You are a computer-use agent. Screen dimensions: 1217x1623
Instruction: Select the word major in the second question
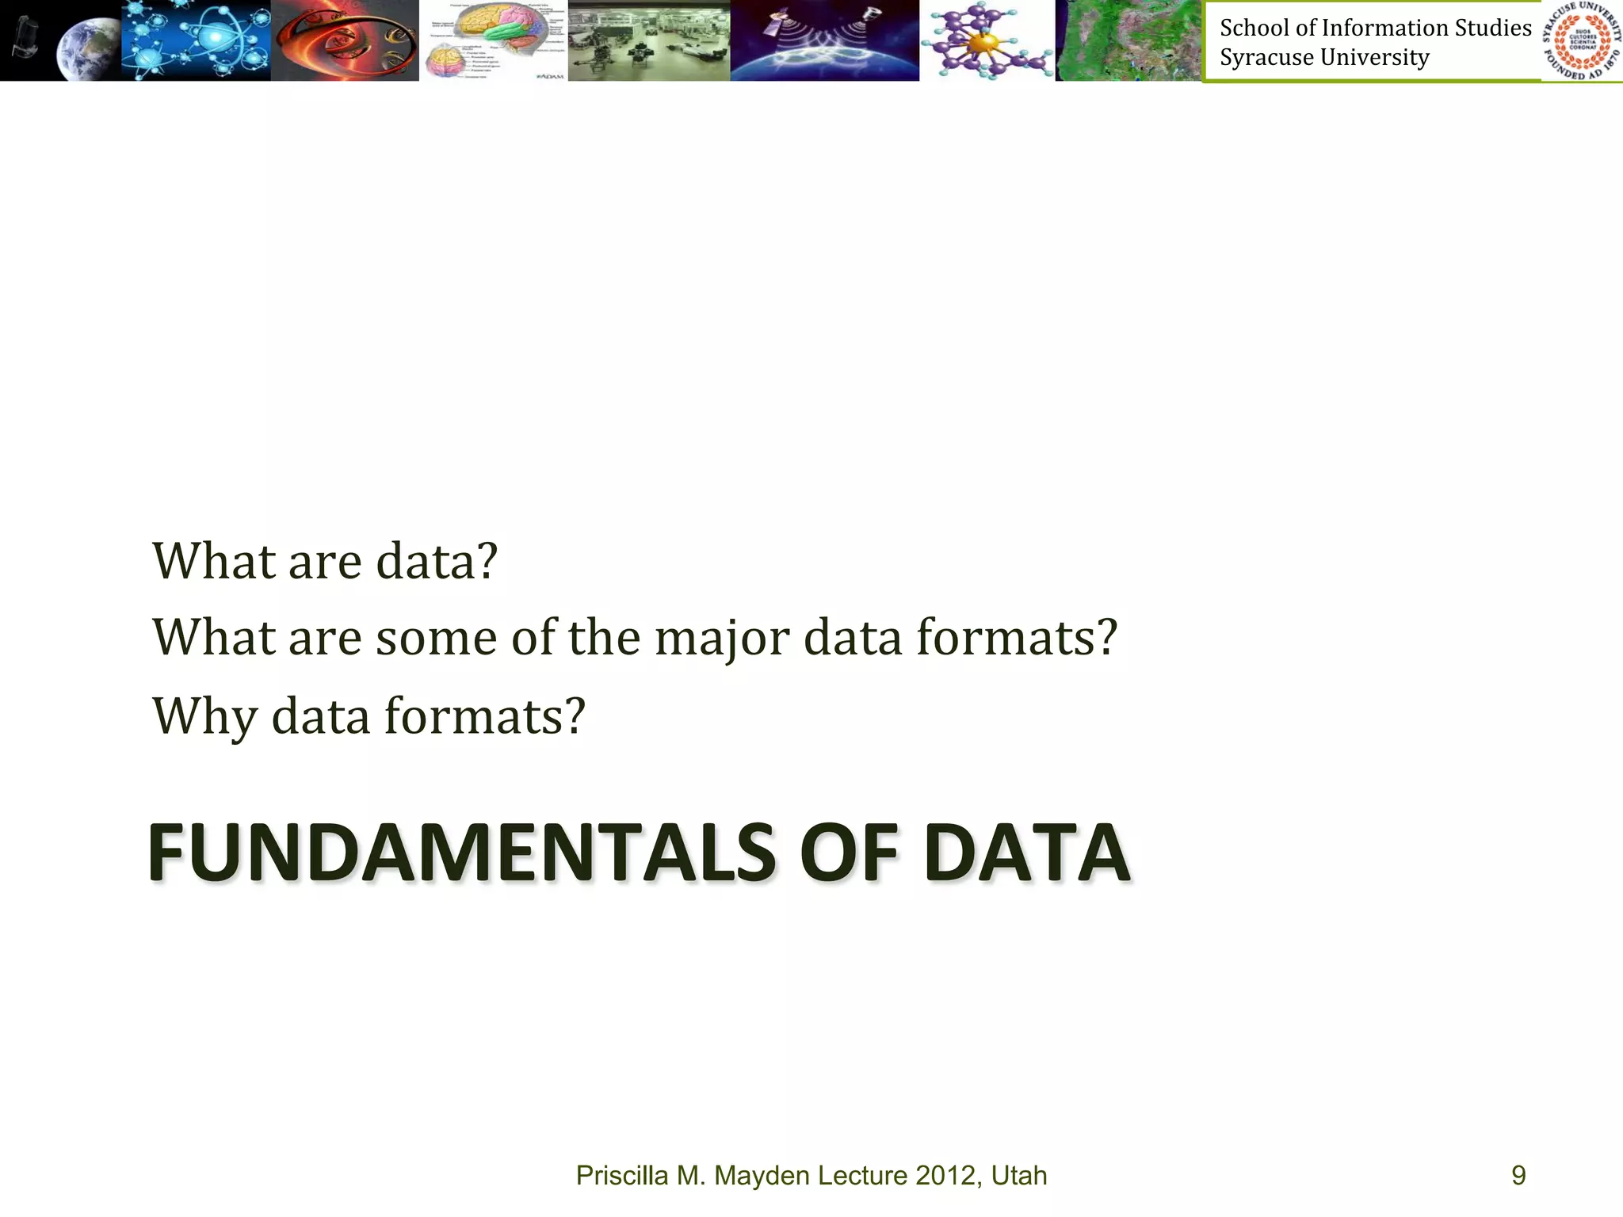tap(722, 639)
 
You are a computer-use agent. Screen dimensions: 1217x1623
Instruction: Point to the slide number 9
tap(1518, 1175)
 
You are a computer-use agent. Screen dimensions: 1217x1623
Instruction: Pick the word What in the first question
tap(213, 562)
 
